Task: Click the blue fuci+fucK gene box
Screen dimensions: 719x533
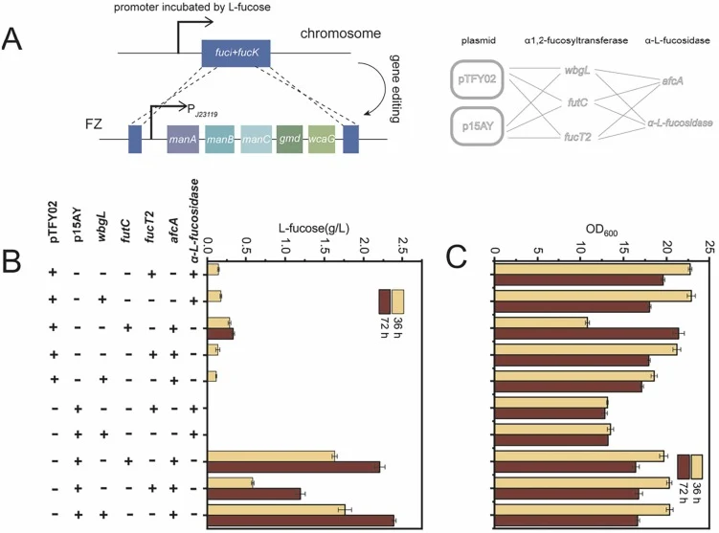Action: click(236, 54)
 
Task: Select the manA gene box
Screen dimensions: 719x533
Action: click(183, 139)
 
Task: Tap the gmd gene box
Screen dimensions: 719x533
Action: click(289, 139)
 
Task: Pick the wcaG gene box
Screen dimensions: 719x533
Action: click(322, 139)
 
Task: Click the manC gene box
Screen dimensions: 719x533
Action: click(256, 139)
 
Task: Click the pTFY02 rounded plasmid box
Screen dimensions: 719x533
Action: click(477, 79)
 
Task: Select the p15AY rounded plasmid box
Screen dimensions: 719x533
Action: click(477, 126)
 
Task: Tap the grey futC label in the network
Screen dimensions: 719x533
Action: click(577, 102)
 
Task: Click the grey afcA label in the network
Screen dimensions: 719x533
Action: click(672, 81)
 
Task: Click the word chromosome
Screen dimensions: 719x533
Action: click(340, 33)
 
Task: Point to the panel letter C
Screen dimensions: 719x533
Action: click(457, 257)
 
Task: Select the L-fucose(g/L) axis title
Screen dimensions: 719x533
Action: click(314, 228)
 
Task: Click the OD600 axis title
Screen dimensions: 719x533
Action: click(601, 230)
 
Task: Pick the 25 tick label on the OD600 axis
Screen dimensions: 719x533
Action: click(710, 247)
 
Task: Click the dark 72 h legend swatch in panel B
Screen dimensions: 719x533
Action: click(384, 301)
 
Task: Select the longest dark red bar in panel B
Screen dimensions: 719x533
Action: click(301, 521)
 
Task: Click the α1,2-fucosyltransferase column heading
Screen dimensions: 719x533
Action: click(576, 41)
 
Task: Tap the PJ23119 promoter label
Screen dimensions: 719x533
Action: click(202, 110)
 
